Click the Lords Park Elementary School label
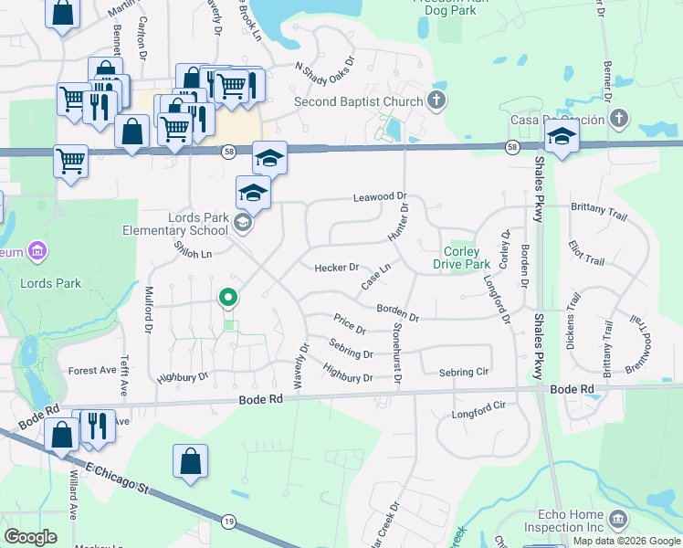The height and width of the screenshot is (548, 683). tap(179, 224)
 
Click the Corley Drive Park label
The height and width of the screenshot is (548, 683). tap(467, 258)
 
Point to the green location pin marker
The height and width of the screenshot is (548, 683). tap(228, 298)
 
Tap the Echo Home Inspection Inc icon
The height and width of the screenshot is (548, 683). tap(617, 520)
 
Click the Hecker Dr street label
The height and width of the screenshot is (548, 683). tap(336, 268)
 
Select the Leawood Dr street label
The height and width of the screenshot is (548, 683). tap(379, 197)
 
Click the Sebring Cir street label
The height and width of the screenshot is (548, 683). tap(464, 373)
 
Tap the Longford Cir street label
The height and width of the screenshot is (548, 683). tap(478, 409)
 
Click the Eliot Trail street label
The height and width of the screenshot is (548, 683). tap(585, 260)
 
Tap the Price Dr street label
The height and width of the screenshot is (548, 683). tap(350, 324)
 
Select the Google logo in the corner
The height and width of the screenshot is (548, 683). tap(31, 536)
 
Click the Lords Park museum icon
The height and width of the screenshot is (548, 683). tap(37, 249)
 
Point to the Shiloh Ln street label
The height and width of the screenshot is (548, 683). tap(193, 249)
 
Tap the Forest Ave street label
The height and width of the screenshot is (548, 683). tap(92, 371)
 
